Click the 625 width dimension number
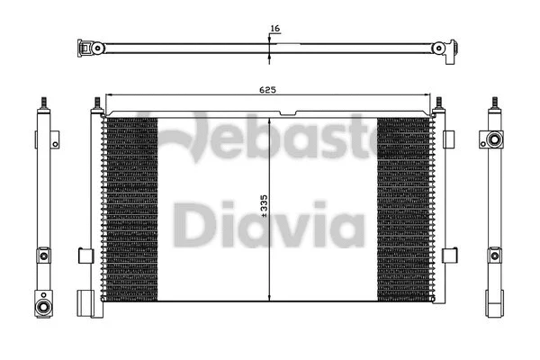pyautogui.click(x=267, y=89)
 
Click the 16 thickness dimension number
pyautogui.click(x=275, y=29)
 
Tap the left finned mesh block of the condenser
pyautogui.click(x=131, y=209)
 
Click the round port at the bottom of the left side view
pyautogui.click(x=42, y=307)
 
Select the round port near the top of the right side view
pyautogui.click(x=492, y=140)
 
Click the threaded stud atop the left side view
pyautogui.click(x=42, y=101)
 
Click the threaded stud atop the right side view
pyautogui.click(x=493, y=101)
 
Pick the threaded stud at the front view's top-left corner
pyautogui.click(x=94, y=105)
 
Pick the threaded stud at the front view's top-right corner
pyautogui.click(x=440, y=105)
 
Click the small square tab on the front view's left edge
pyautogui.click(x=85, y=255)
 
